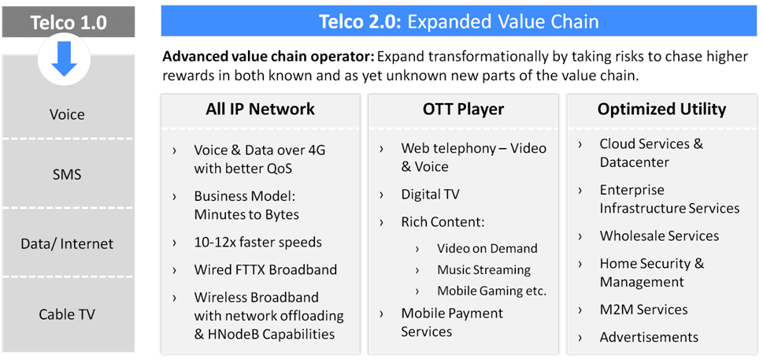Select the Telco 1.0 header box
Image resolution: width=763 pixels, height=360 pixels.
(x=68, y=21)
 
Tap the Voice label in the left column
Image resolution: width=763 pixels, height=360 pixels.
(x=67, y=115)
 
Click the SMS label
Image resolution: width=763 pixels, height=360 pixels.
(x=67, y=174)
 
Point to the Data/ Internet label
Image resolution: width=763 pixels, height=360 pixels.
(x=67, y=244)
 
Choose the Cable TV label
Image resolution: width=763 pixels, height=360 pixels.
(x=67, y=314)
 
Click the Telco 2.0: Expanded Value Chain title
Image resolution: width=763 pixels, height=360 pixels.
(x=458, y=21)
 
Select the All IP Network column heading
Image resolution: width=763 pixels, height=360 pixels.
(x=260, y=109)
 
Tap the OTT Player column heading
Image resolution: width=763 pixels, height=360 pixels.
(x=463, y=109)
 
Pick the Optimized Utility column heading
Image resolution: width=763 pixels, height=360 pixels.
(x=661, y=109)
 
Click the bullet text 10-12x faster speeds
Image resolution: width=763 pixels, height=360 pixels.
(x=257, y=242)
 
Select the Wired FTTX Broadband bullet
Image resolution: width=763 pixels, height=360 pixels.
(x=265, y=269)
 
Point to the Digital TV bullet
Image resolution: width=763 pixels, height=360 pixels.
(x=430, y=194)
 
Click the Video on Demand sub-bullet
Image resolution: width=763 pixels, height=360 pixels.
(x=487, y=248)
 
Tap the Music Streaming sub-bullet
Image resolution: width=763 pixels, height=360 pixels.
(x=483, y=269)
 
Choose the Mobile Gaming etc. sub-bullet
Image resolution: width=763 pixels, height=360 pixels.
(x=491, y=291)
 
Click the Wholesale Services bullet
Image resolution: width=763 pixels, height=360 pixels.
(x=659, y=236)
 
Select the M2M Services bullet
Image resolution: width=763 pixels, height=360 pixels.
(x=643, y=310)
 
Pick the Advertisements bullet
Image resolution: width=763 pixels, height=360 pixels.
(x=649, y=337)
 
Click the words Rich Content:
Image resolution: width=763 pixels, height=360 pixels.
(x=443, y=221)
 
